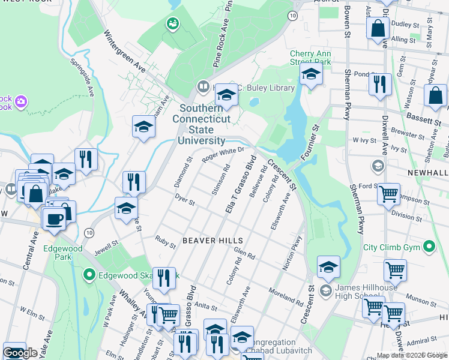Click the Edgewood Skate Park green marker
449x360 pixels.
point(89,275)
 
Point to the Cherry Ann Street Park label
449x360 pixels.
point(310,58)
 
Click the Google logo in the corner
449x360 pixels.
point(20,353)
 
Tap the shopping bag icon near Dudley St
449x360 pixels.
point(378,28)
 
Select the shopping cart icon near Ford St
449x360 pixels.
point(389,193)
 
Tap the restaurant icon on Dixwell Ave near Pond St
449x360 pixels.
point(379,84)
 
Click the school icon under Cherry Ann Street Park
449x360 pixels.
point(311,74)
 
